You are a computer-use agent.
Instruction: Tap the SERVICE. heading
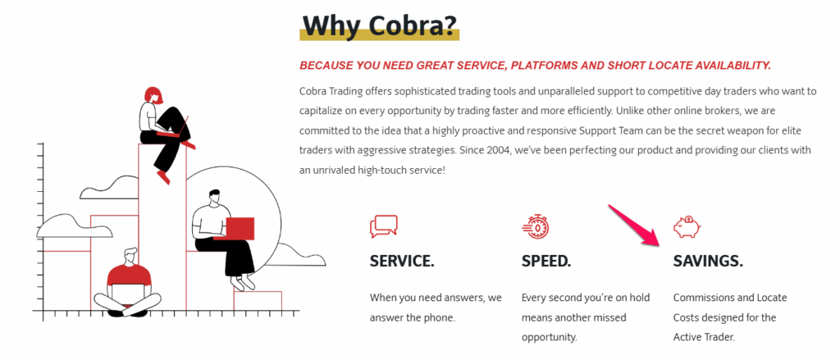tap(402, 262)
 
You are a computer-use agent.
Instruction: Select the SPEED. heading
tap(546, 262)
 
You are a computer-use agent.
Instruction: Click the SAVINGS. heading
tap(708, 262)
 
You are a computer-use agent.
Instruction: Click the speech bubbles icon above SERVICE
tap(383, 226)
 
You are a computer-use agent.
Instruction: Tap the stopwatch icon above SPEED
tap(535, 226)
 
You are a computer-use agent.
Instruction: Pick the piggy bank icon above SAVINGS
tap(687, 226)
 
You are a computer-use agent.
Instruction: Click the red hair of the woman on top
tap(152, 93)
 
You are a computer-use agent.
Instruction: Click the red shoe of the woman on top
tap(162, 176)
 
